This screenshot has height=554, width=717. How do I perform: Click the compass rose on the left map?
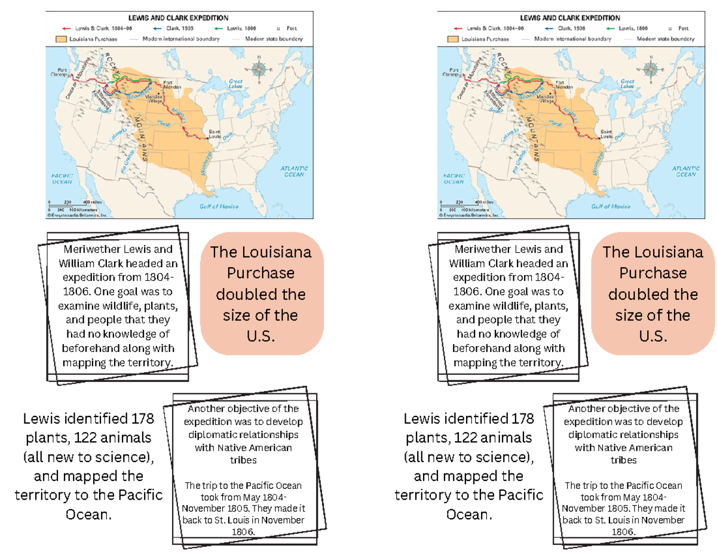(x=260, y=69)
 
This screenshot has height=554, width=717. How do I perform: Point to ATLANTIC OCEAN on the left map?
(x=294, y=172)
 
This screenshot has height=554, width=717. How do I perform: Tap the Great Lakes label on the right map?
(x=627, y=84)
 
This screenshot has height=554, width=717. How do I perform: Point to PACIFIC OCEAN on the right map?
(x=454, y=178)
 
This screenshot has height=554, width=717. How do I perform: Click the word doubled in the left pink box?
(x=260, y=294)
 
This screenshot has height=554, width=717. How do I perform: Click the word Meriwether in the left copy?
(x=94, y=249)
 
